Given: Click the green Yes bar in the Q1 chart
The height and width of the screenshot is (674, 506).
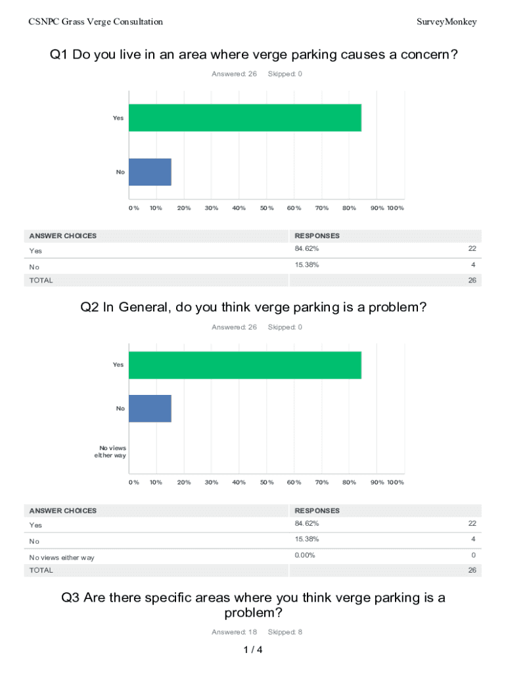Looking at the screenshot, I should [244, 118].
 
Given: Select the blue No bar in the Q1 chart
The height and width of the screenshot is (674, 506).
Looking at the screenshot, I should [150, 172].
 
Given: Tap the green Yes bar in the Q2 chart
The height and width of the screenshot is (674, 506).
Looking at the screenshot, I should [244, 365].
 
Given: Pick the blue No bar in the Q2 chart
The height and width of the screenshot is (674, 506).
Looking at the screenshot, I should [150, 408].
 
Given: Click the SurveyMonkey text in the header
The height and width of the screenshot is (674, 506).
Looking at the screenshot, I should [446, 22].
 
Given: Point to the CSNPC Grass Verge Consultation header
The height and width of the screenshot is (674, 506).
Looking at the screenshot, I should [96, 22].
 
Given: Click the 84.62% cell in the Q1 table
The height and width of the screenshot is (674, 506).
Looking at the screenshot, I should [307, 249].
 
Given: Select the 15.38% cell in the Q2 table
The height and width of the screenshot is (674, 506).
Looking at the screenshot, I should [307, 539].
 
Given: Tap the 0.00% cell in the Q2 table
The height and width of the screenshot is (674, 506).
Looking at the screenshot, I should [305, 555].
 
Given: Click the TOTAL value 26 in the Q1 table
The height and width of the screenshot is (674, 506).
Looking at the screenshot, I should [472, 280].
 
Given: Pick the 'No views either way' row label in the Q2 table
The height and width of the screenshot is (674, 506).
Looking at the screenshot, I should [62, 557].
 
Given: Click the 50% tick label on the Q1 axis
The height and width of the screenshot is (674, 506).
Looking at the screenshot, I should [266, 208].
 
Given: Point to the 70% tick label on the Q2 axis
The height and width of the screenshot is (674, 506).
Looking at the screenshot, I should [321, 482].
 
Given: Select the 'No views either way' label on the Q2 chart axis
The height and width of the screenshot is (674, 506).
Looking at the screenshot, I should [110, 452].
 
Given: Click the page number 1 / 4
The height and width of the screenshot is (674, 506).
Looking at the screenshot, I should [253, 650].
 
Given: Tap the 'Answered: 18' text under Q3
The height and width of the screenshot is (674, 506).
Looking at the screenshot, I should [234, 632].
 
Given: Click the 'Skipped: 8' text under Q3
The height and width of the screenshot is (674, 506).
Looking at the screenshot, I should [285, 632].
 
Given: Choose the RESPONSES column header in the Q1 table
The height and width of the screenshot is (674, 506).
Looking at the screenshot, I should [317, 236].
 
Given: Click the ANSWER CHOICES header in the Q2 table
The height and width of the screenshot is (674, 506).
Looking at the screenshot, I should [62, 511].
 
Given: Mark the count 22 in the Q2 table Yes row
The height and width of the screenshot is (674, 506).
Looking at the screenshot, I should [472, 523].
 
